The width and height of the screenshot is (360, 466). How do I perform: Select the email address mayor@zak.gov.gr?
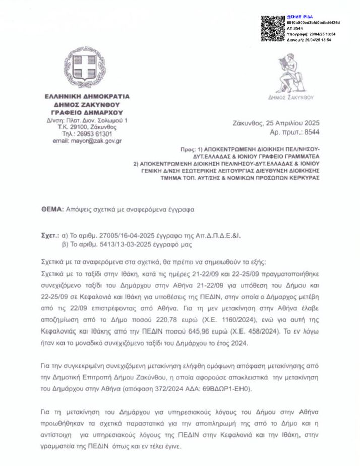click(87, 141)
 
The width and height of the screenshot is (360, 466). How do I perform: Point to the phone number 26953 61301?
click(94, 134)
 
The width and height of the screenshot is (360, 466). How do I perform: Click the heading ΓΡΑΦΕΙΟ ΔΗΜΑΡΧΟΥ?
click(87, 112)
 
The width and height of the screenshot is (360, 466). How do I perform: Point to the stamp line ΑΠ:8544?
click(295, 29)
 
